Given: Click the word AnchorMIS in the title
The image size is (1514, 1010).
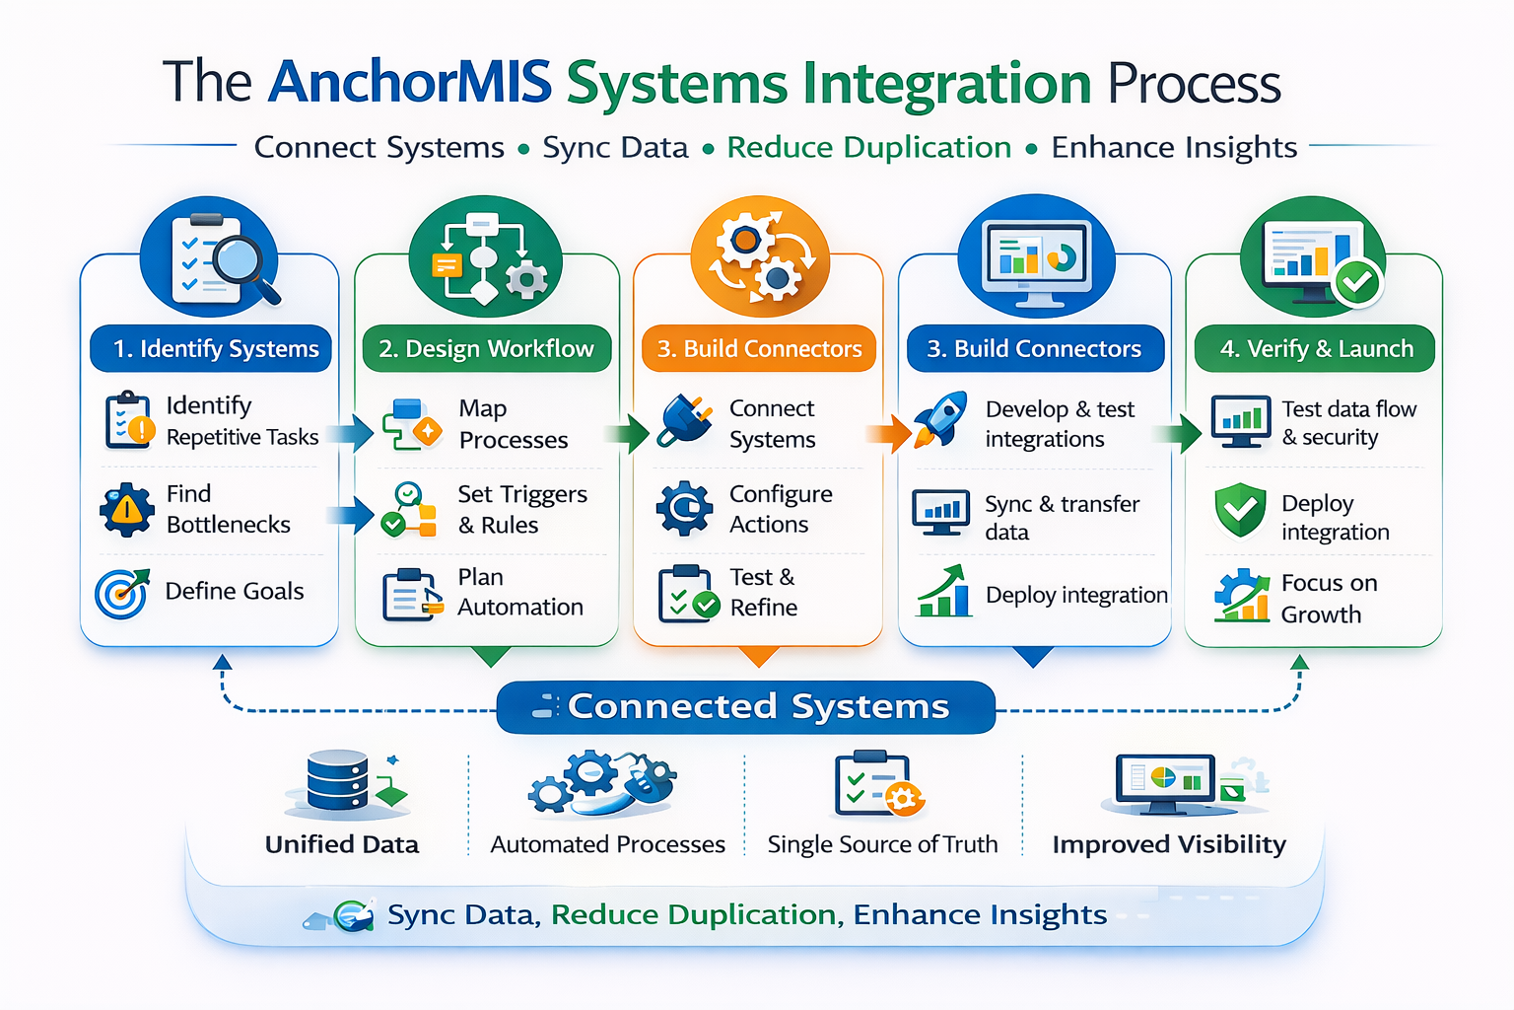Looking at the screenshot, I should (409, 82).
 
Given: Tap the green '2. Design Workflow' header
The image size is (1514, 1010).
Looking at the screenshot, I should (487, 349).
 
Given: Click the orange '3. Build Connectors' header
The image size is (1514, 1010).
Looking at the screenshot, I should (759, 349).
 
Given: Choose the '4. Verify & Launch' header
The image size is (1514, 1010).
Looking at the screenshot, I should (1315, 349).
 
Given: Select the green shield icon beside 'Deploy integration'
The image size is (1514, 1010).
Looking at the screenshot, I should (1239, 510).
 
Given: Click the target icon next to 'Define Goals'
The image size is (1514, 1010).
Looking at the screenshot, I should (121, 593).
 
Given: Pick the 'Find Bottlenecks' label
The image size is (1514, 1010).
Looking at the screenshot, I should (228, 509).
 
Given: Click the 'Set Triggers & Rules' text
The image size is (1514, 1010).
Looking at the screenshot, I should (521, 509).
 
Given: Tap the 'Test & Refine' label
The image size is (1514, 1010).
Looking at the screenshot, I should (763, 592).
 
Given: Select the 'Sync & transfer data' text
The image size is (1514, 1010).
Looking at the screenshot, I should (1061, 518).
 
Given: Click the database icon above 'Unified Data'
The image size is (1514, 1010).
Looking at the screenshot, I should (338, 781).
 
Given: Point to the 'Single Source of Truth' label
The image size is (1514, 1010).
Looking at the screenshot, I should (882, 844).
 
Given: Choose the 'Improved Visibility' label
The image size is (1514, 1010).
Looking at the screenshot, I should (1169, 844).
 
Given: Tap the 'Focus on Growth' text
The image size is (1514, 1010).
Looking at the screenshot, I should (1328, 599).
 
